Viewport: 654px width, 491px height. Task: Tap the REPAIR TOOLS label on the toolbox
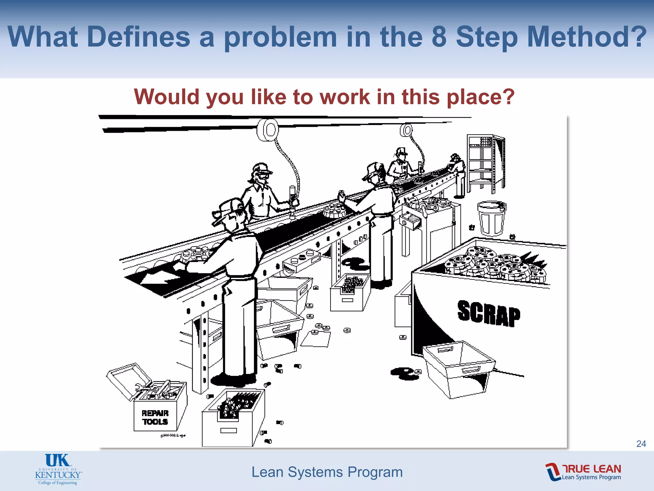tap(155, 417)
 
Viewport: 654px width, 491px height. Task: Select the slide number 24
tap(641, 444)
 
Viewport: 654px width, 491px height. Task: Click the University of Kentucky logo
tap(58, 469)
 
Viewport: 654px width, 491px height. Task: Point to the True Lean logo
tap(583, 472)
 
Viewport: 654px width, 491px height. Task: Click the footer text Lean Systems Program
tap(327, 472)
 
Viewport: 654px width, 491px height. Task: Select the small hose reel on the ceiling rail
tap(406, 130)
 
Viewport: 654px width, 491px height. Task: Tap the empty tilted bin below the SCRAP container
tap(459, 368)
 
